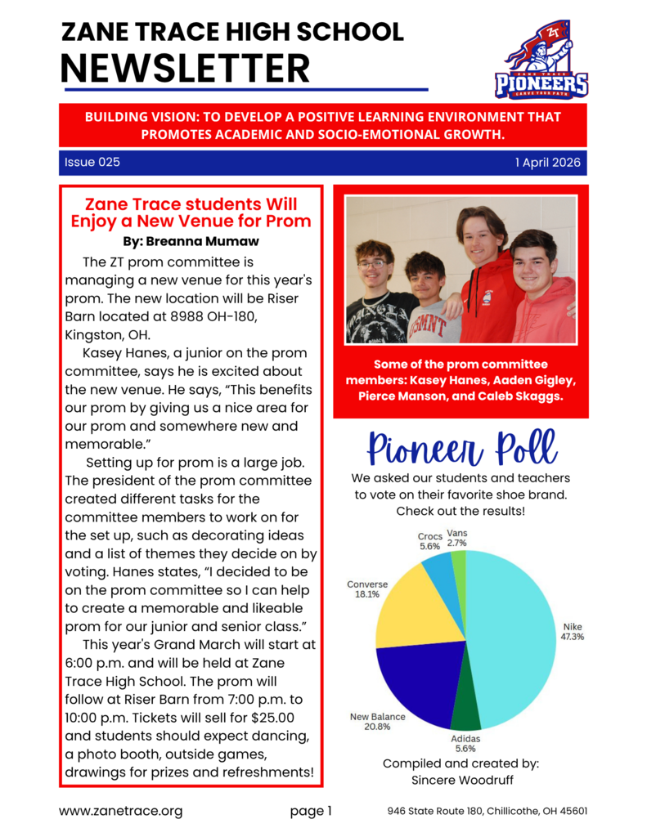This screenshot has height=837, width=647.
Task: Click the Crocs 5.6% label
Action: click(x=430, y=541)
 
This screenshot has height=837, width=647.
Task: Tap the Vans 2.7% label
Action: click(x=457, y=537)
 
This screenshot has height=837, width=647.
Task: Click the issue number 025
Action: click(x=109, y=163)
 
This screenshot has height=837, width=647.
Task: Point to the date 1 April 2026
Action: click(x=547, y=163)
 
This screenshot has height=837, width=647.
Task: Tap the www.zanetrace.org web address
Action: click(x=120, y=812)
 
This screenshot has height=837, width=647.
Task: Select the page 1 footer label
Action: click(x=311, y=812)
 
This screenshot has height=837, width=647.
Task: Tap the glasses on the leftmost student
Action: click(x=373, y=263)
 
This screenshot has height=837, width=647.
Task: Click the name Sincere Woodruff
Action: click(x=461, y=780)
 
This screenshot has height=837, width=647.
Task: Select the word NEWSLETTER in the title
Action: click(x=186, y=67)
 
